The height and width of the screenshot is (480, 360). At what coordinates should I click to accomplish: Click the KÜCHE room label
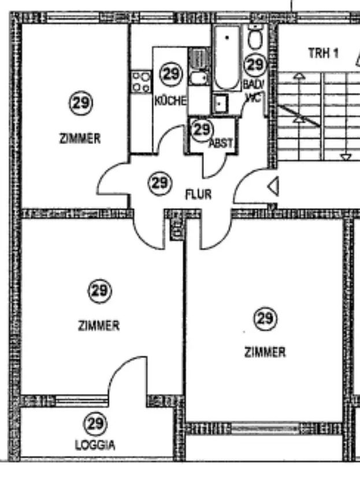coord(170,101)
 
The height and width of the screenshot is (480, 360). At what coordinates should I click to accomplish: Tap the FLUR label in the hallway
coord(198,195)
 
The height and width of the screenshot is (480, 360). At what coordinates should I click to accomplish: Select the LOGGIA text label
coord(95,445)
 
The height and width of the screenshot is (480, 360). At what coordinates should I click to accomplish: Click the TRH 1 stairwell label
coord(323,53)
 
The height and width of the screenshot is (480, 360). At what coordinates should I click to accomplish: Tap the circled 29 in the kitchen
coord(170,73)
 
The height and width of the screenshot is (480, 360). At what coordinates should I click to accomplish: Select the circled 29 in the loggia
coord(95,424)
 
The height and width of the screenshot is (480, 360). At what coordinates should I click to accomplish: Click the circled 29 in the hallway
coord(159,183)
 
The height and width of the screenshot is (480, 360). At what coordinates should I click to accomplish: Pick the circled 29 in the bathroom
coord(255,65)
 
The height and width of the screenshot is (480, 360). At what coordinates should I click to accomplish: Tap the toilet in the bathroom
coord(254,38)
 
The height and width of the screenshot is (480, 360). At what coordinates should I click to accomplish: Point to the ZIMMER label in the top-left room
coord(80,139)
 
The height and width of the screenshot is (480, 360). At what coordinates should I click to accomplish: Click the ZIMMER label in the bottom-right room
coord(265,352)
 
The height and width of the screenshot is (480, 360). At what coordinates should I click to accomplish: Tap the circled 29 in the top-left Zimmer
coord(80,104)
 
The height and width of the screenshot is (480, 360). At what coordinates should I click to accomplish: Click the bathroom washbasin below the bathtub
coord(221,104)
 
